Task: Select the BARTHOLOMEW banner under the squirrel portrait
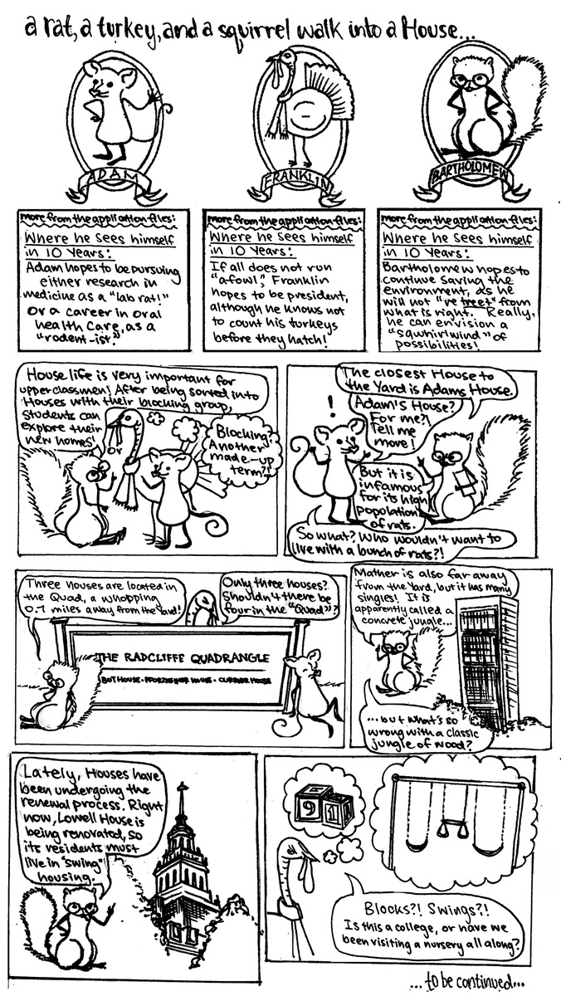click(x=474, y=178)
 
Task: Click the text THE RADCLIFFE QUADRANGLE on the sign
click(x=184, y=658)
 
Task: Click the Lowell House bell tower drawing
click(x=183, y=863)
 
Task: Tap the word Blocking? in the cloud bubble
click(x=241, y=432)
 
